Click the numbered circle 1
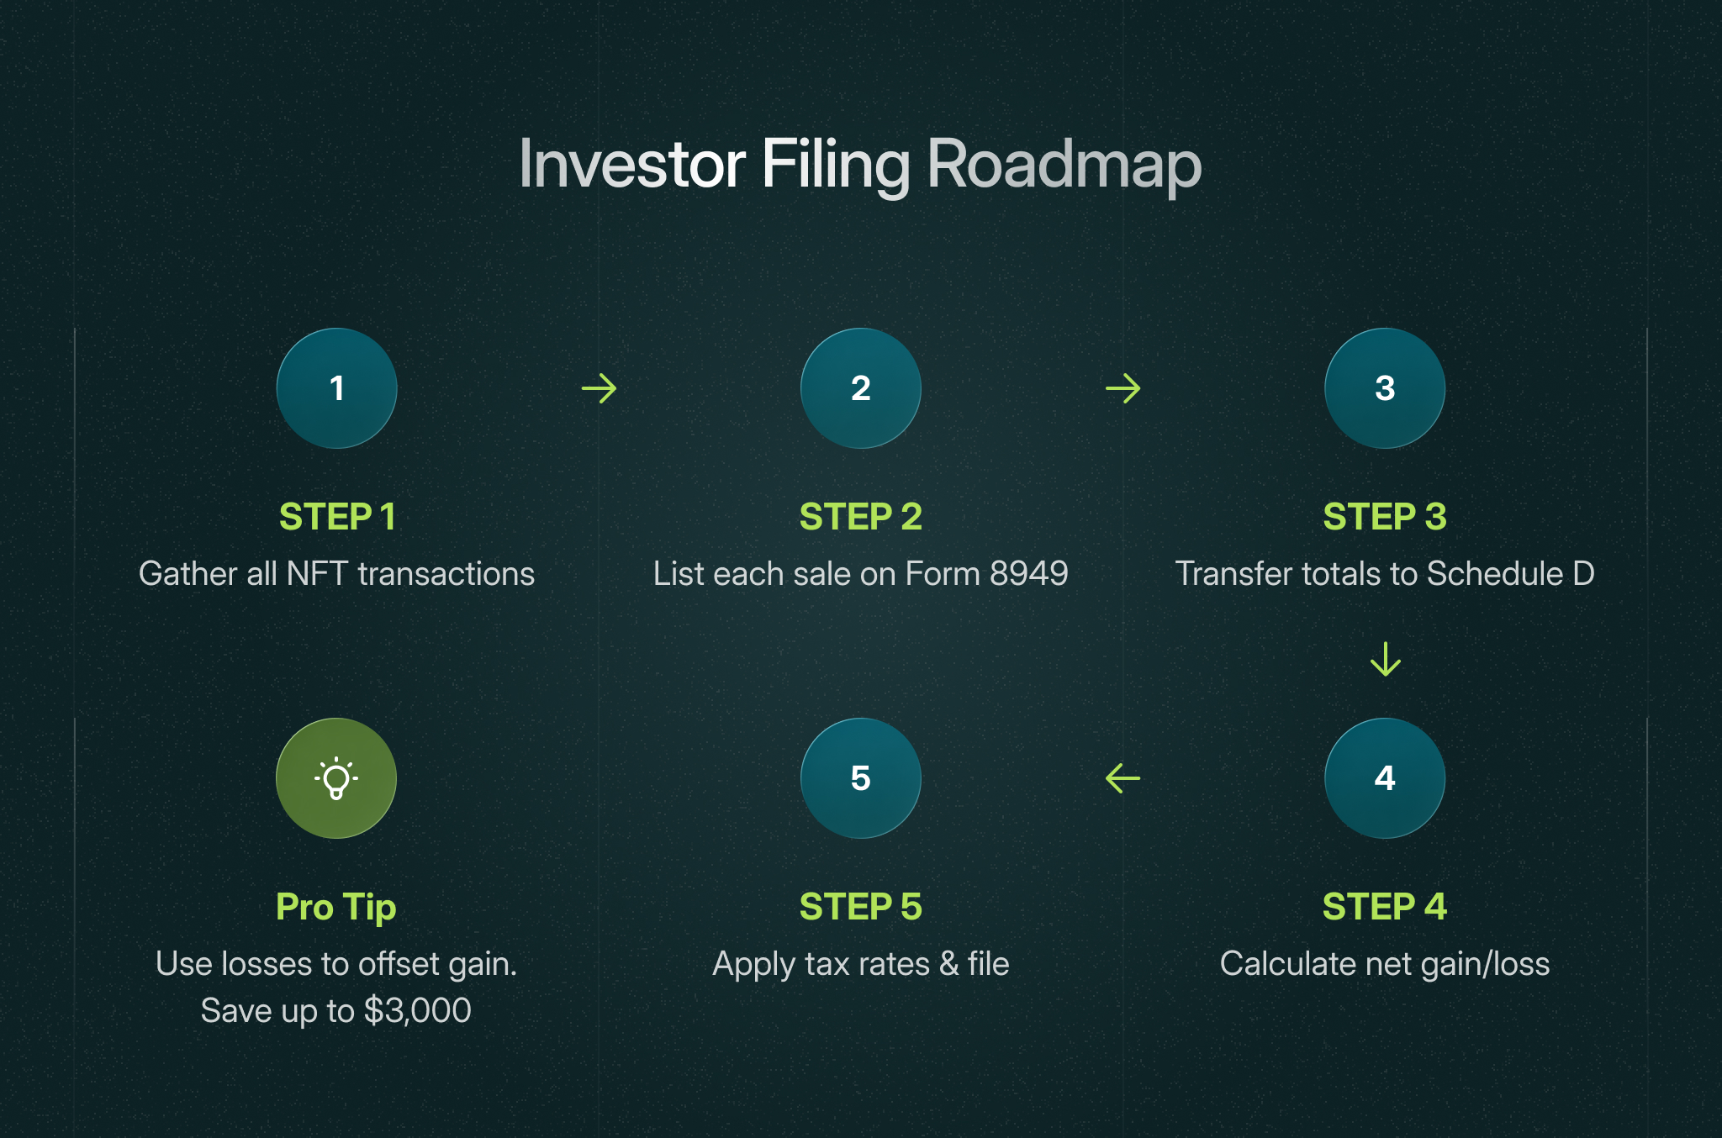click(x=336, y=388)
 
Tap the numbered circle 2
click(x=860, y=388)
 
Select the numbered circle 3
click(x=1385, y=388)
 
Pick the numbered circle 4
click(x=1385, y=778)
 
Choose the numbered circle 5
click(x=860, y=778)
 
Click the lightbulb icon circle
click(x=336, y=778)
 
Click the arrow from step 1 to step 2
click(x=599, y=388)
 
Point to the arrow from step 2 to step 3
click(x=1122, y=388)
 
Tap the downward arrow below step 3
click(x=1385, y=659)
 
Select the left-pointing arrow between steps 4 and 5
click(x=1122, y=778)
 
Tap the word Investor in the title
click(x=631, y=164)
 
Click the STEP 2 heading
click(x=860, y=517)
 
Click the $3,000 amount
click(x=418, y=1011)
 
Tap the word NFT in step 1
click(x=317, y=574)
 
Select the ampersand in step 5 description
click(x=949, y=964)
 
